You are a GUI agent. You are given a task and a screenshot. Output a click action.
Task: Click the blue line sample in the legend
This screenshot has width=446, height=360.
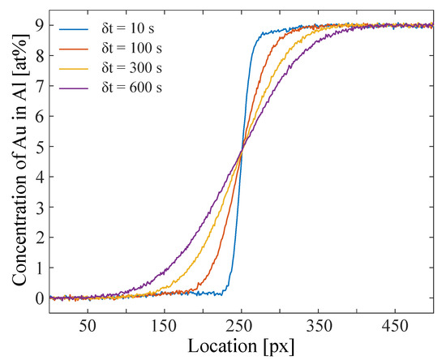coord(71,29)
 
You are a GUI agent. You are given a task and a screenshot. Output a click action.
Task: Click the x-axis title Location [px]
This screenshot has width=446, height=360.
coord(241,345)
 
